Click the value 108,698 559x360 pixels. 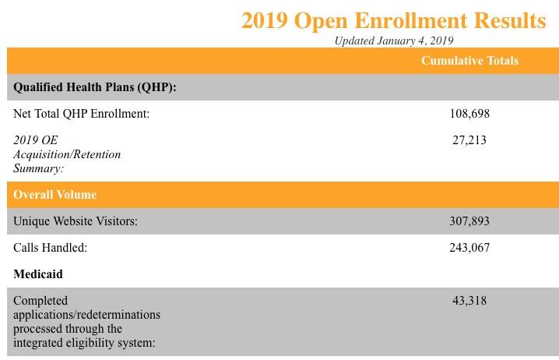469,114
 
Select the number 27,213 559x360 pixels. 469,140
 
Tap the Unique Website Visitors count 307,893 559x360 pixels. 469,221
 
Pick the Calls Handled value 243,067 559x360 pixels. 469,248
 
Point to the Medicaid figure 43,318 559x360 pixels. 469,301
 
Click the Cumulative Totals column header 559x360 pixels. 469,61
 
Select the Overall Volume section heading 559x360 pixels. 54,195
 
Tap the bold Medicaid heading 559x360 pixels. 38,274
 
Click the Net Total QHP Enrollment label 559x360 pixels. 81,114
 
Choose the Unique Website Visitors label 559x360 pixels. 76,221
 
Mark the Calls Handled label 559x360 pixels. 50,248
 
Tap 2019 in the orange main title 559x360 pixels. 264,21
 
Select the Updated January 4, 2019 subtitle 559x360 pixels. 394,41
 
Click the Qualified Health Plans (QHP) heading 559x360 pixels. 95,87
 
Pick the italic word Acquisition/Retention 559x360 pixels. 67,154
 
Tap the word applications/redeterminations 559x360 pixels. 86,315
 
